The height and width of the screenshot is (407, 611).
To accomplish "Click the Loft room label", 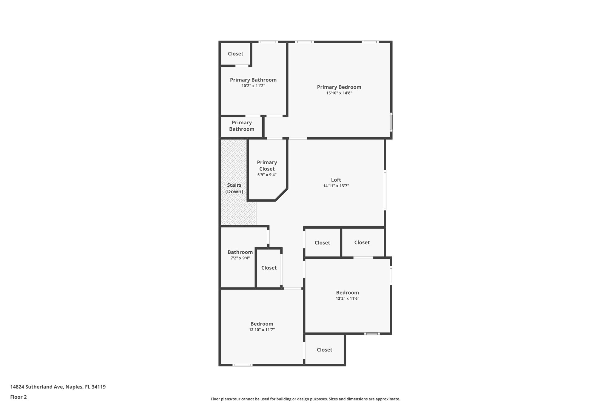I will tap(336, 180).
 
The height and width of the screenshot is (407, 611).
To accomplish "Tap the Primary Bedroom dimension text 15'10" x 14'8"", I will tap(339, 93).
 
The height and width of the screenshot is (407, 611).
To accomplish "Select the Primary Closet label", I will tap(267, 165).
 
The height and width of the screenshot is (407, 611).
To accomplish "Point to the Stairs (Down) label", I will tap(234, 188).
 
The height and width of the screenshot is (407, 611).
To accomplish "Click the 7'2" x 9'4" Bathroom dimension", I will tap(240, 258).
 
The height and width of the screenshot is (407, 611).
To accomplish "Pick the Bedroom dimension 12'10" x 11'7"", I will tap(262, 330).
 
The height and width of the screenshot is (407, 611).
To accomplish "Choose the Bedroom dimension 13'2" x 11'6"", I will tap(347, 298).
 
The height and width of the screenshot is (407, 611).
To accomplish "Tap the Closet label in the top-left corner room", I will tap(235, 54).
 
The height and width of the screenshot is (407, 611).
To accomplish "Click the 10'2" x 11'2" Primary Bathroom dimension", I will tap(253, 86).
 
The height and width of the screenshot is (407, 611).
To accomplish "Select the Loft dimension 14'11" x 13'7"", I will tap(336, 186).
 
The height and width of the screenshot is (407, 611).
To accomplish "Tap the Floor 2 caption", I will tap(18, 397).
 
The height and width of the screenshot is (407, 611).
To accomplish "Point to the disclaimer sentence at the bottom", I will tap(305, 399).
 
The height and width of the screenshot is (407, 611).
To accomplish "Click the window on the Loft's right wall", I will tap(385, 190).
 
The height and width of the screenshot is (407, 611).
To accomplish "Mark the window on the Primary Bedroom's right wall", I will tap(391, 122).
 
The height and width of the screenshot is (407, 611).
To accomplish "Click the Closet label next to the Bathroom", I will tap(269, 268).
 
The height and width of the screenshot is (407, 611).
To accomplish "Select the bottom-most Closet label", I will tap(324, 350).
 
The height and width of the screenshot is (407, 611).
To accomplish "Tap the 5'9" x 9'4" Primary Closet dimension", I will tap(267, 175).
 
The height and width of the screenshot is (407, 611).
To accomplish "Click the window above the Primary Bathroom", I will tap(268, 42).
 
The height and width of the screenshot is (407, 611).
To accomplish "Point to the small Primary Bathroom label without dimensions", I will tap(242, 126).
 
